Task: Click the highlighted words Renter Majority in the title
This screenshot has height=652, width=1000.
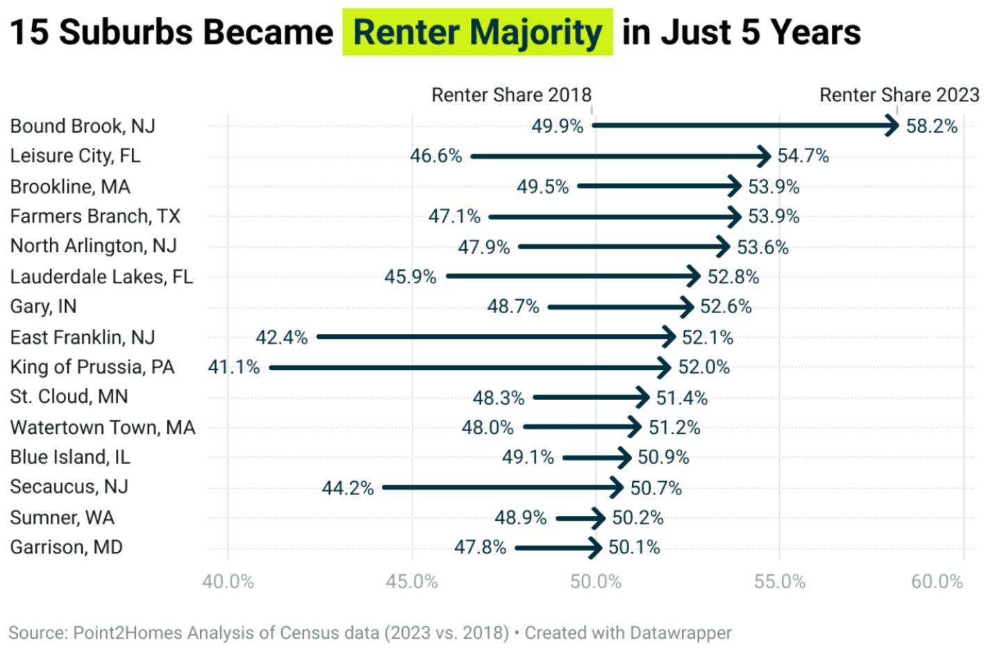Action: point(477,33)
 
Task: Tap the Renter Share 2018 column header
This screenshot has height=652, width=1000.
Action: point(511,95)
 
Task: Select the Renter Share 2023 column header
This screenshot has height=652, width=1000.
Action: point(899,95)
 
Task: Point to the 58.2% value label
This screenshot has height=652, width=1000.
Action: point(931,126)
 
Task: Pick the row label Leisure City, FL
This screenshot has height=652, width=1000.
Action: point(75,156)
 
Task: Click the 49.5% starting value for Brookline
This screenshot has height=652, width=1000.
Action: point(542,187)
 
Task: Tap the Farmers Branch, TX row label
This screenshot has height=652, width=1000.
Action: point(95,217)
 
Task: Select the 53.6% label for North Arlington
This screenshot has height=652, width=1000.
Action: point(762,247)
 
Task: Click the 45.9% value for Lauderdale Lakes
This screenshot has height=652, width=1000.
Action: point(410,277)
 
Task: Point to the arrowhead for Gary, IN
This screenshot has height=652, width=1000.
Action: point(687,307)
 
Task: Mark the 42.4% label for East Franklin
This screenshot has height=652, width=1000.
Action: point(281,337)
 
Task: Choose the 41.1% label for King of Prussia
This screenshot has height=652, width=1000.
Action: point(234,367)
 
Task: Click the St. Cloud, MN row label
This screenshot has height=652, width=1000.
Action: point(69,396)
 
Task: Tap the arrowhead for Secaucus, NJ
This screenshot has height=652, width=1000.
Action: point(616,487)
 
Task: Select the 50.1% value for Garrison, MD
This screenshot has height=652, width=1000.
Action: point(634,548)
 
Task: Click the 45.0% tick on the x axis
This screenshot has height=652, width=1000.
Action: point(412,582)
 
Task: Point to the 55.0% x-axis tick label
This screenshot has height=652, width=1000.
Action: point(780,582)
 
